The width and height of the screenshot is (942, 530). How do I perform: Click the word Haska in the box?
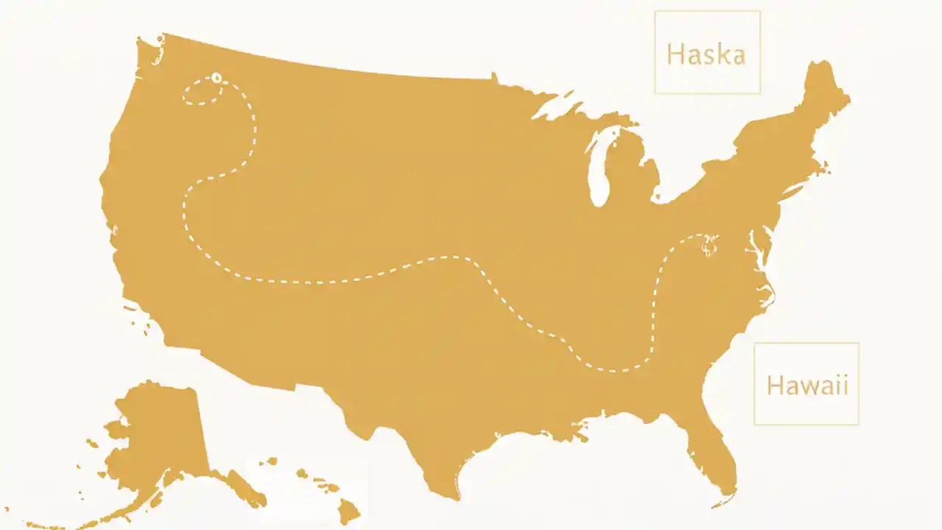(x=706, y=54)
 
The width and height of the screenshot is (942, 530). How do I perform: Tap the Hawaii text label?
(x=807, y=385)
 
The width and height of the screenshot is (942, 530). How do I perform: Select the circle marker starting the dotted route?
(x=216, y=77)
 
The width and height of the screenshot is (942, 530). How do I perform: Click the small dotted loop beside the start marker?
(x=201, y=93)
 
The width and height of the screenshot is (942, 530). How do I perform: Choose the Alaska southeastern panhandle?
(x=235, y=486)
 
